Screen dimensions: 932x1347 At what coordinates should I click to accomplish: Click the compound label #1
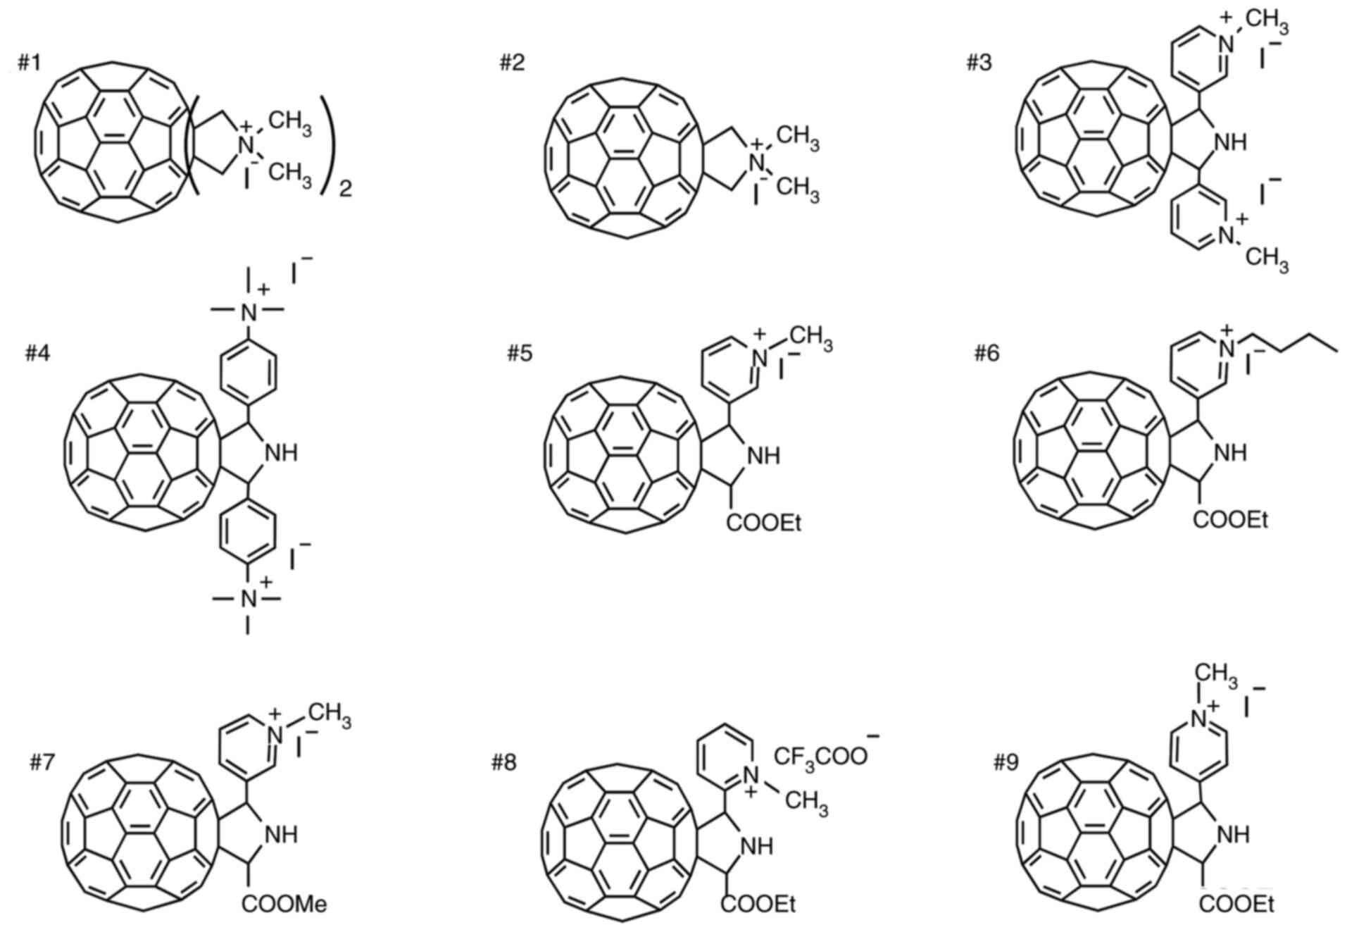[29, 63]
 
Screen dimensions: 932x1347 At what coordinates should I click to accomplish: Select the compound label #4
[38, 353]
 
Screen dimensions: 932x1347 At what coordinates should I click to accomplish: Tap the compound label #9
[1005, 762]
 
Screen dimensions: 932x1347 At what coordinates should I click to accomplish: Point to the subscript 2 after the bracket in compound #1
[345, 189]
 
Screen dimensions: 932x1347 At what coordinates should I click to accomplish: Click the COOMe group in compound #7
[284, 904]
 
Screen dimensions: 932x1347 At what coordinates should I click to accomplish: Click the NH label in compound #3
[1230, 142]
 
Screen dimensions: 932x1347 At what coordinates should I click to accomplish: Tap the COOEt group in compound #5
[764, 523]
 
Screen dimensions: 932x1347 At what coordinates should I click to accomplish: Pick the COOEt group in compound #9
[1236, 905]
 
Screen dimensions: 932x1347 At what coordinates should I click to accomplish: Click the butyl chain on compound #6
[1296, 346]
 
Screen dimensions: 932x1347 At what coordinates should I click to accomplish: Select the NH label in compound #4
[280, 452]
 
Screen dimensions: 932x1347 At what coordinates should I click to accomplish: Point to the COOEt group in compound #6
[1231, 520]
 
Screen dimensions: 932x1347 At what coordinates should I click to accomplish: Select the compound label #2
[512, 63]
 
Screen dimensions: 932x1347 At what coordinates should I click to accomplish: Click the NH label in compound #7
[281, 835]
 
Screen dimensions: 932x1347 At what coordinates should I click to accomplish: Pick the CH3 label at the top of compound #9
[1215, 674]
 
